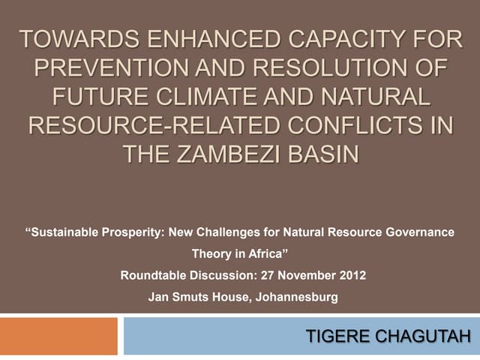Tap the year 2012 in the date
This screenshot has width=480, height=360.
point(352,275)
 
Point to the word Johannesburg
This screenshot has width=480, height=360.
point(297,297)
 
